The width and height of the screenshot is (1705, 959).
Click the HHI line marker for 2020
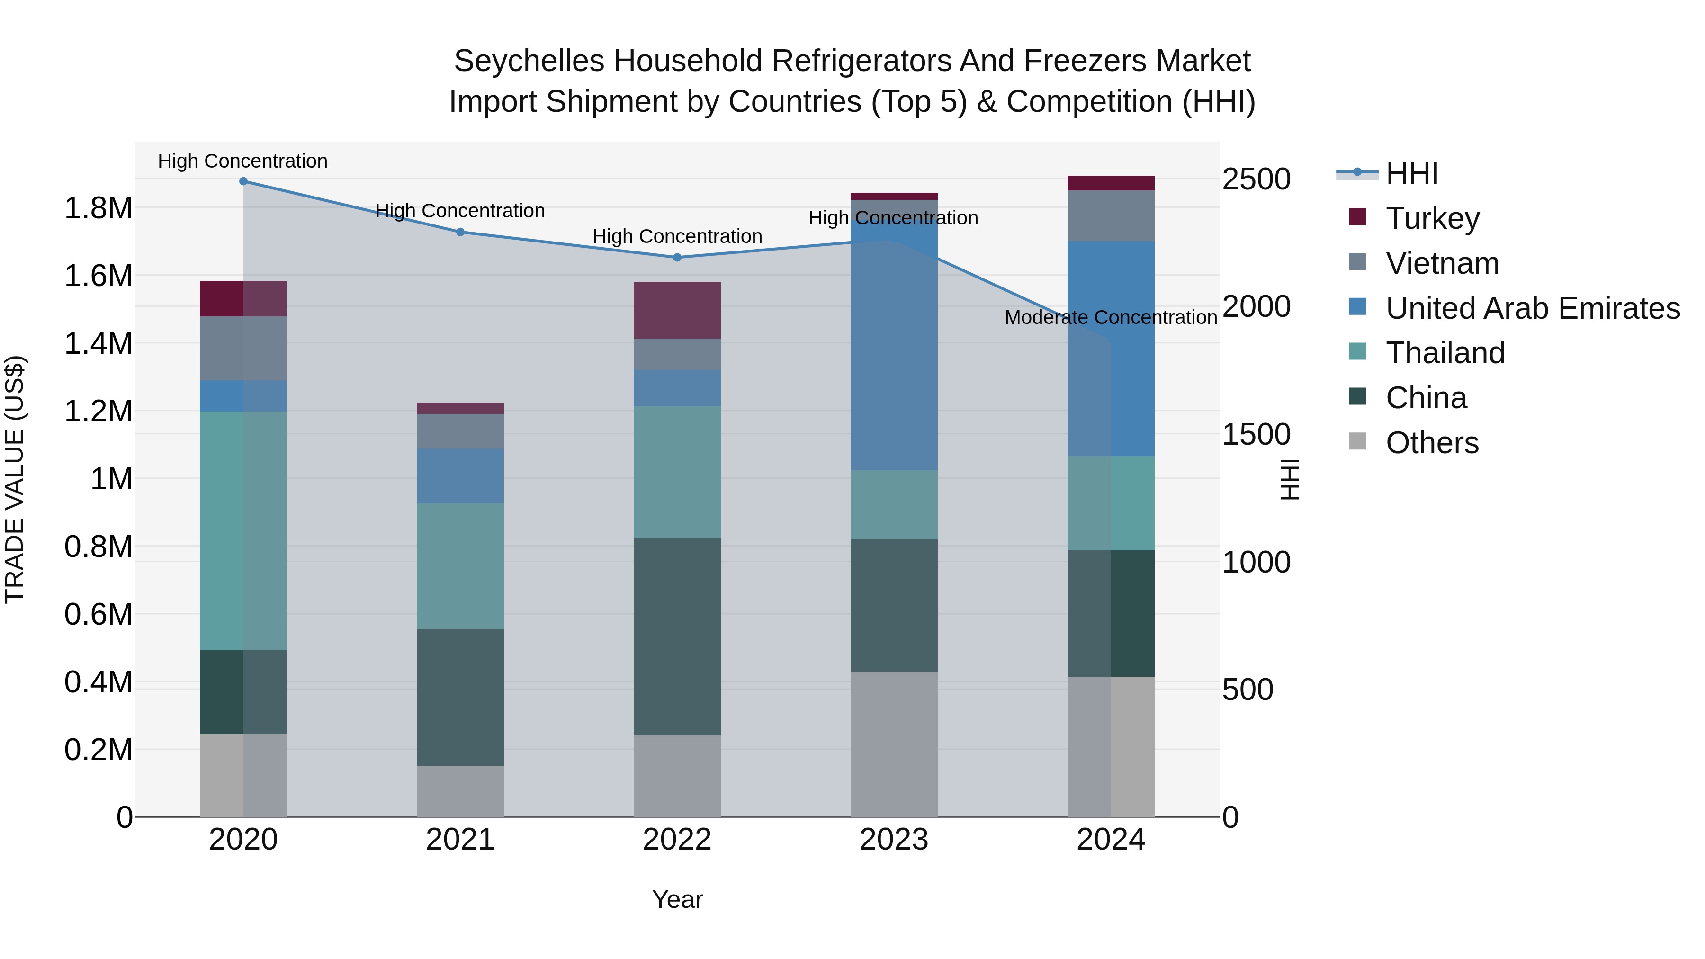point(243,181)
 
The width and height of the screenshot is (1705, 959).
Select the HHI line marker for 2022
point(677,258)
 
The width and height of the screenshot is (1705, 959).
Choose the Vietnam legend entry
point(1442,263)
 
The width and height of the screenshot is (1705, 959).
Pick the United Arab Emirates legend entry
point(1532,308)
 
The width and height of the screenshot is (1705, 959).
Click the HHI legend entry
point(1411,173)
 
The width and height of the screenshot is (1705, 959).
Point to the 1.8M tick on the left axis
point(98,208)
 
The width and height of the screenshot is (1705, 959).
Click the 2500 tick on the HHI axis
point(1256,179)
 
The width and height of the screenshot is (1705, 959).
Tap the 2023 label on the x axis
point(894,840)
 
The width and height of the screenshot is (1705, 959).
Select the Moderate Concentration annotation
point(1111,318)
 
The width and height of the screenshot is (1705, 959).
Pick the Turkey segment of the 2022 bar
point(677,310)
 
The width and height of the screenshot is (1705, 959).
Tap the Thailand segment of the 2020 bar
point(243,531)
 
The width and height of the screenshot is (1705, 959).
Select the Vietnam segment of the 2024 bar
point(1111,216)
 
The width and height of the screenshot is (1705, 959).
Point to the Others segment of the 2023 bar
point(894,744)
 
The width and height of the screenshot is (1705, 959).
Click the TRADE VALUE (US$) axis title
point(15,479)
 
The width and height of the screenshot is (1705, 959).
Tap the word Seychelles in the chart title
point(529,62)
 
